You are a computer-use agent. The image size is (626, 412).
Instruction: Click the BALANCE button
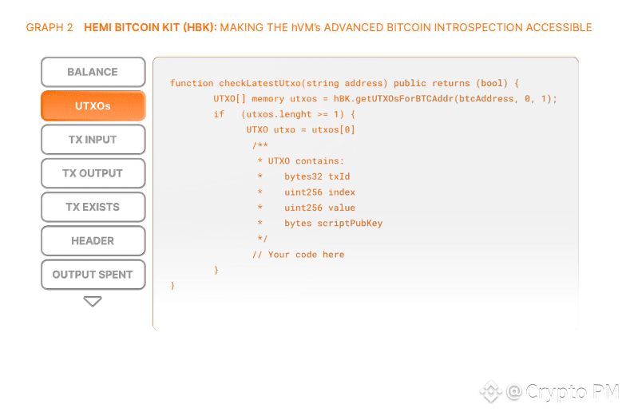93,72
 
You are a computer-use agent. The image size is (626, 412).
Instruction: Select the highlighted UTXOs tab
93,105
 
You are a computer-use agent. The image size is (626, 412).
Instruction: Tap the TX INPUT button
93,140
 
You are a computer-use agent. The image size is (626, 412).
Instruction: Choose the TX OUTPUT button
93,173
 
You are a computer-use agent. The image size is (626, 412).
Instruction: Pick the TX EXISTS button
93,207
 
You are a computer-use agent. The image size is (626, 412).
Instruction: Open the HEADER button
93,240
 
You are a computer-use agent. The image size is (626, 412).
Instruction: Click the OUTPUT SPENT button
93,275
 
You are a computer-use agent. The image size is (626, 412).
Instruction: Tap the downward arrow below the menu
93,301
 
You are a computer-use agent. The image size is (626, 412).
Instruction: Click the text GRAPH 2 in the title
50,27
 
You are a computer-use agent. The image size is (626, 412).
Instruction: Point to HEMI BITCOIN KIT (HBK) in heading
149,27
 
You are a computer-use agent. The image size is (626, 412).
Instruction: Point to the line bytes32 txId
317,176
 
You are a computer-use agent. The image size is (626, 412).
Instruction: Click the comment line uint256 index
319,192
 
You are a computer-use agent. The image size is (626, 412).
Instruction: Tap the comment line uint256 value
319,208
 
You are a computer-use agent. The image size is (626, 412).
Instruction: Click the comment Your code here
306,255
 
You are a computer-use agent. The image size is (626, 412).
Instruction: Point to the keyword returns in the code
450,83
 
